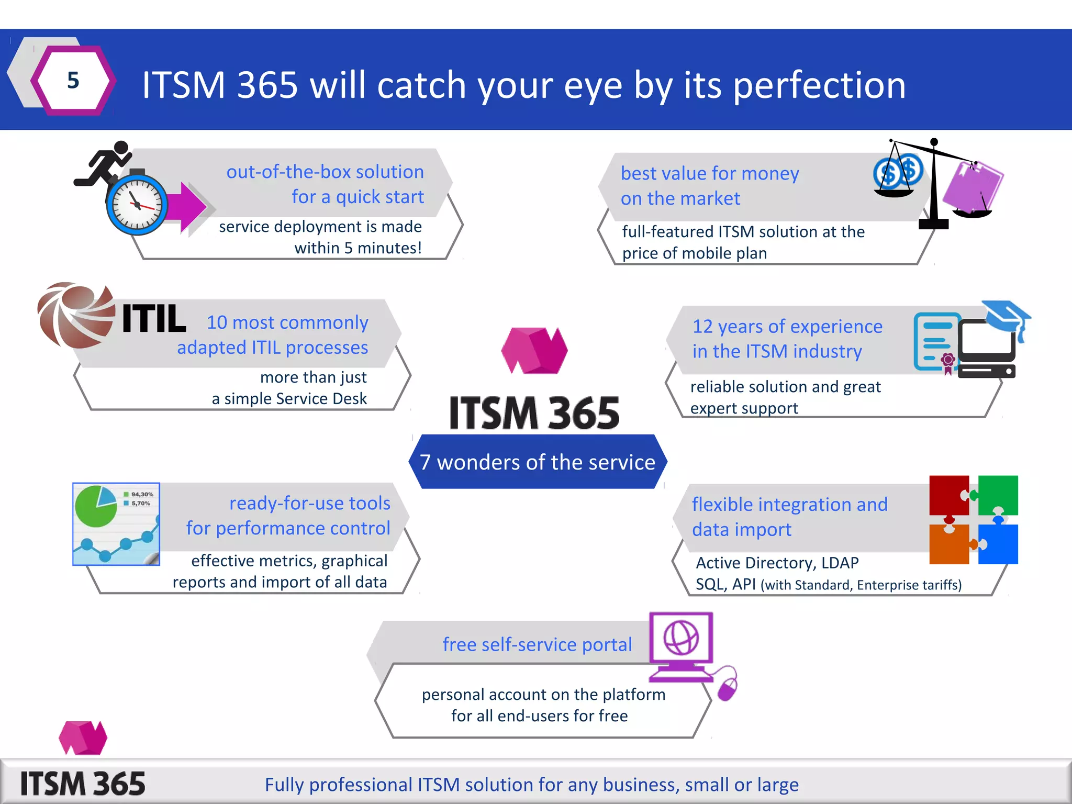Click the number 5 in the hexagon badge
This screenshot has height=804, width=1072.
pyautogui.click(x=73, y=81)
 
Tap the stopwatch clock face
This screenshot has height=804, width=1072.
pyautogui.click(x=137, y=205)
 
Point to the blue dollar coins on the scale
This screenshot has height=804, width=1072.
pyautogui.click(x=898, y=171)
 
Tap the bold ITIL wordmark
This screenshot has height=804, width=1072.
pyautogui.click(x=154, y=319)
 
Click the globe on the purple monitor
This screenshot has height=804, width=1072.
pyautogui.click(x=681, y=638)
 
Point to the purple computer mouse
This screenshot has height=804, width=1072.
pyautogui.click(x=727, y=689)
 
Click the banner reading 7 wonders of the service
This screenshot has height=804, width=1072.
pyautogui.click(x=537, y=462)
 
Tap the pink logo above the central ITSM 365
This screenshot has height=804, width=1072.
pyautogui.click(x=534, y=350)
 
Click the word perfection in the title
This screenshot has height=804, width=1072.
pyautogui.click(x=819, y=85)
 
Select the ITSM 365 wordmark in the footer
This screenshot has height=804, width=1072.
pyautogui.click(x=83, y=784)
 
